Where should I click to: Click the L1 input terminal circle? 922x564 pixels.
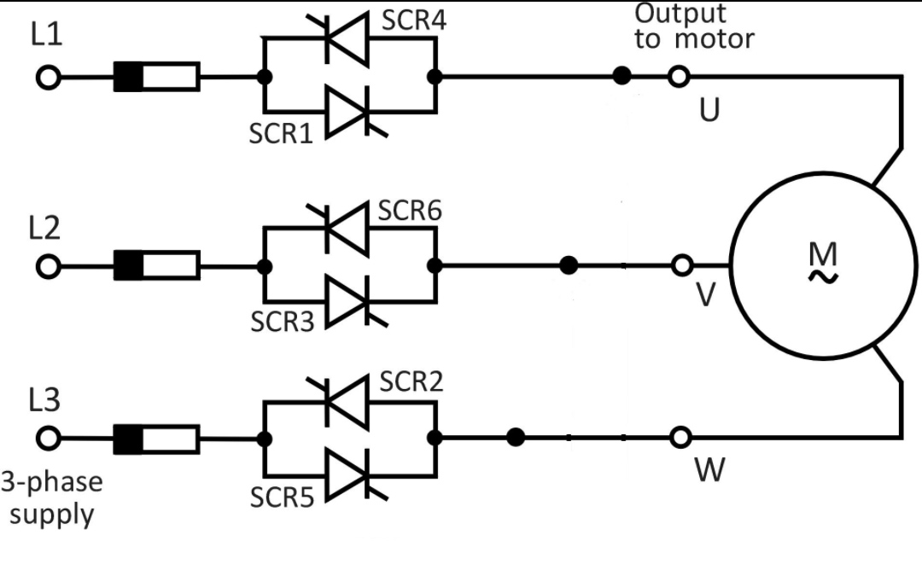click(50, 78)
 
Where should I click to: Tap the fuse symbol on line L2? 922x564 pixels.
click(157, 266)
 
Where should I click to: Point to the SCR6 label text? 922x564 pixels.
click(410, 211)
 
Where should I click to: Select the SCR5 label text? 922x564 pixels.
click(283, 497)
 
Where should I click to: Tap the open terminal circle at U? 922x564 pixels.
click(680, 77)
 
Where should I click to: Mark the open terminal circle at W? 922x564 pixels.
click(680, 438)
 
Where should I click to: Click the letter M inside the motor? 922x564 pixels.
click(823, 253)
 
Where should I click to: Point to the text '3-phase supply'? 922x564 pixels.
click(51, 497)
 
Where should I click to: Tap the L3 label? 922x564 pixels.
click(44, 401)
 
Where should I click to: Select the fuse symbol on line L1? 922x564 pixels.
click(157, 78)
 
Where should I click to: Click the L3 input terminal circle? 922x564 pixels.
click(50, 439)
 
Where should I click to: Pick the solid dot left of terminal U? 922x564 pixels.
click(622, 77)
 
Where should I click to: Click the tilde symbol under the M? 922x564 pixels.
click(824, 276)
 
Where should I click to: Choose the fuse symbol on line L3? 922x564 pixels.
click(157, 439)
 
